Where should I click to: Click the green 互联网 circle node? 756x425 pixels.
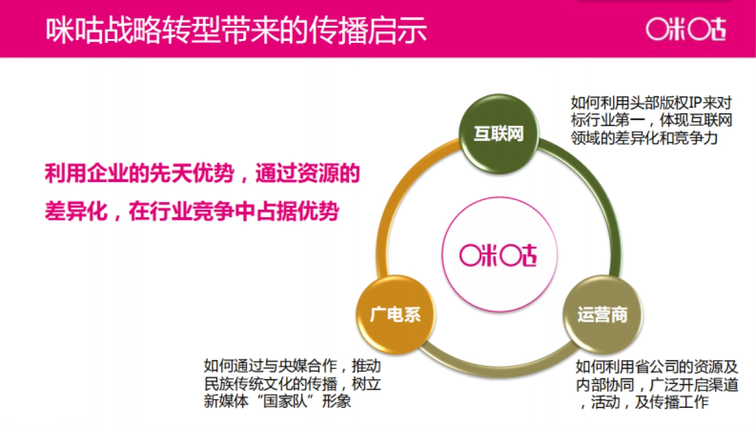click(499, 134)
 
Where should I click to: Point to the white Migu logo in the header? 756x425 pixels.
click(686, 29)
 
